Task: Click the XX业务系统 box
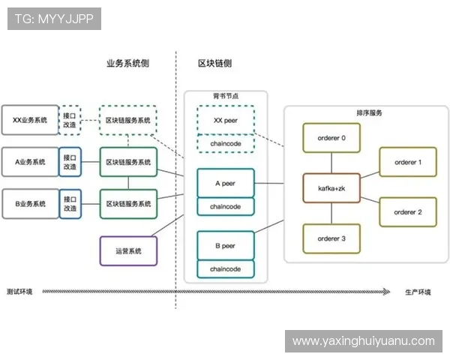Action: [x=30, y=120]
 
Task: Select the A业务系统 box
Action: [x=30, y=162]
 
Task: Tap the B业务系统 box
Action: [x=30, y=203]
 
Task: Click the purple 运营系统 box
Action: [x=128, y=250]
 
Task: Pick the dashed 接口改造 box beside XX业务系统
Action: [x=70, y=120]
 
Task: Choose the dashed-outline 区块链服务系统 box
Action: [x=128, y=120]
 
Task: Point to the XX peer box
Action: [x=225, y=119]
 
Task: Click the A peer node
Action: [x=225, y=182]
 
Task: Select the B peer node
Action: [x=225, y=245]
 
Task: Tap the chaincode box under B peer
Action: [x=225, y=268]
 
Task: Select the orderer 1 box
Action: [x=408, y=162]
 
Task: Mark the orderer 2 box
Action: [x=408, y=212]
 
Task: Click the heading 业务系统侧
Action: [x=127, y=64]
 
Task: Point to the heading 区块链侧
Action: [x=214, y=64]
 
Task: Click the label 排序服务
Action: [x=369, y=112]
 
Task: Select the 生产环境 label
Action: [x=418, y=292]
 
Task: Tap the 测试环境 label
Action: [x=19, y=292]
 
